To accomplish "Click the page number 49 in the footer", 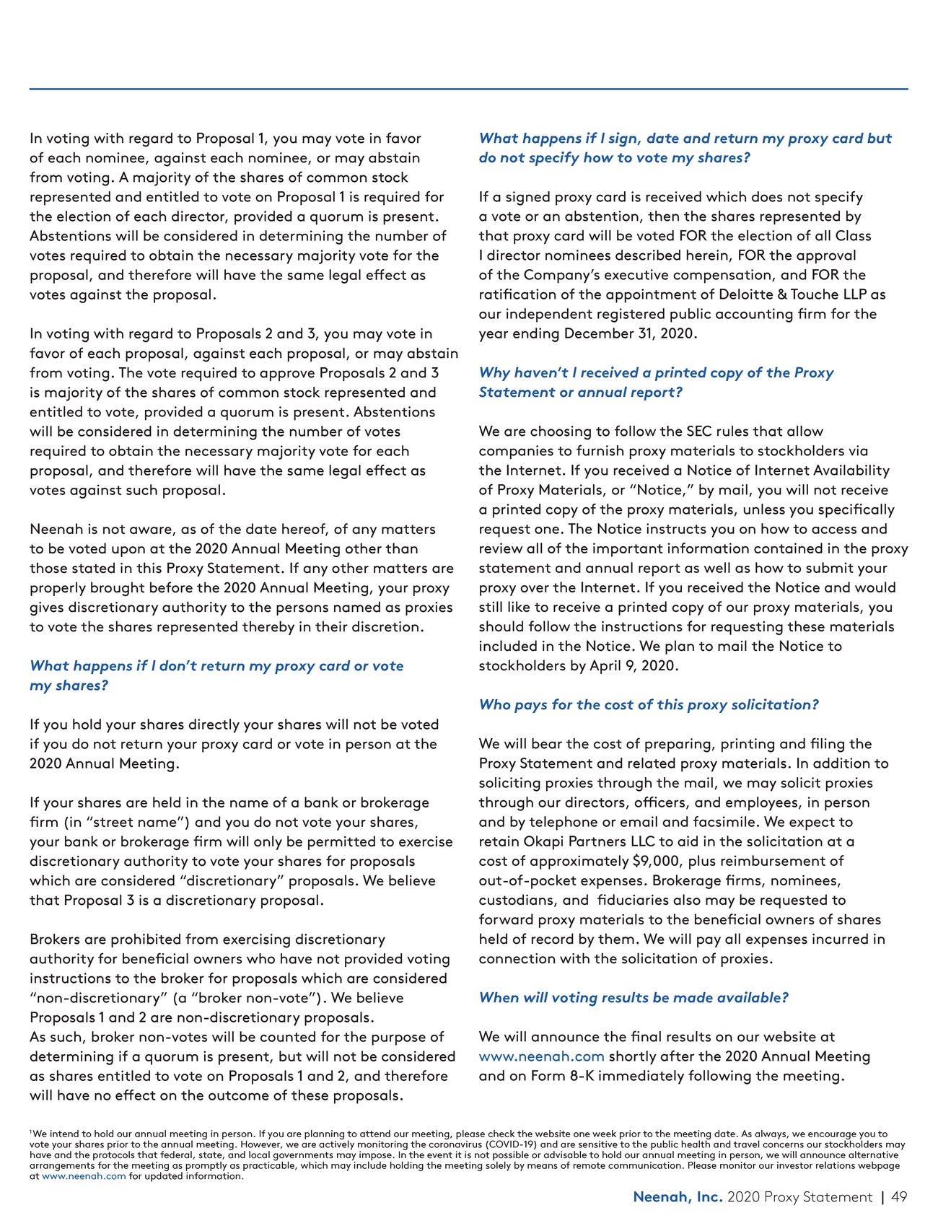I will (899, 1197).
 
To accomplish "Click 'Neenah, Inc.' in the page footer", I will (678, 1197).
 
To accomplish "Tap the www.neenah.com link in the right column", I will (541, 1056).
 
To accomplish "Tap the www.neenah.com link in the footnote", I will (84, 1176).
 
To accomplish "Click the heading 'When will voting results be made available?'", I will (634, 997).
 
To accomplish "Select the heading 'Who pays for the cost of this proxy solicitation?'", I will (649, 704).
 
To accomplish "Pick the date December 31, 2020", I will (630, 333).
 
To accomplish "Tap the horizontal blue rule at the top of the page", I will (469, 89).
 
